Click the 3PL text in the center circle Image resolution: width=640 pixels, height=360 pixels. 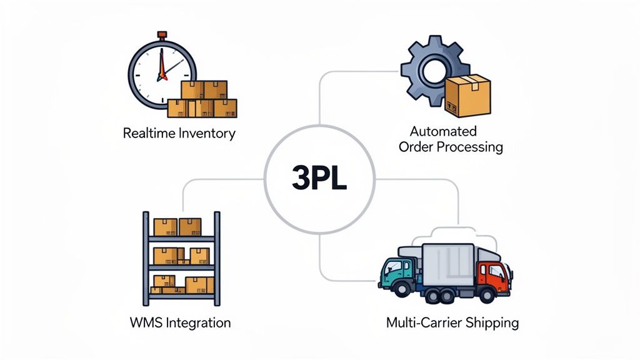point(319,178)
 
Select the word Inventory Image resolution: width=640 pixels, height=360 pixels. point(207,133)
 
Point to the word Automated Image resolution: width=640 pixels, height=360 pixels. point(443,131)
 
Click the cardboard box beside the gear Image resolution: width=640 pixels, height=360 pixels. point(467,96)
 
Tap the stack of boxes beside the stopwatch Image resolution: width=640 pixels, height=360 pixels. point(202,100)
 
